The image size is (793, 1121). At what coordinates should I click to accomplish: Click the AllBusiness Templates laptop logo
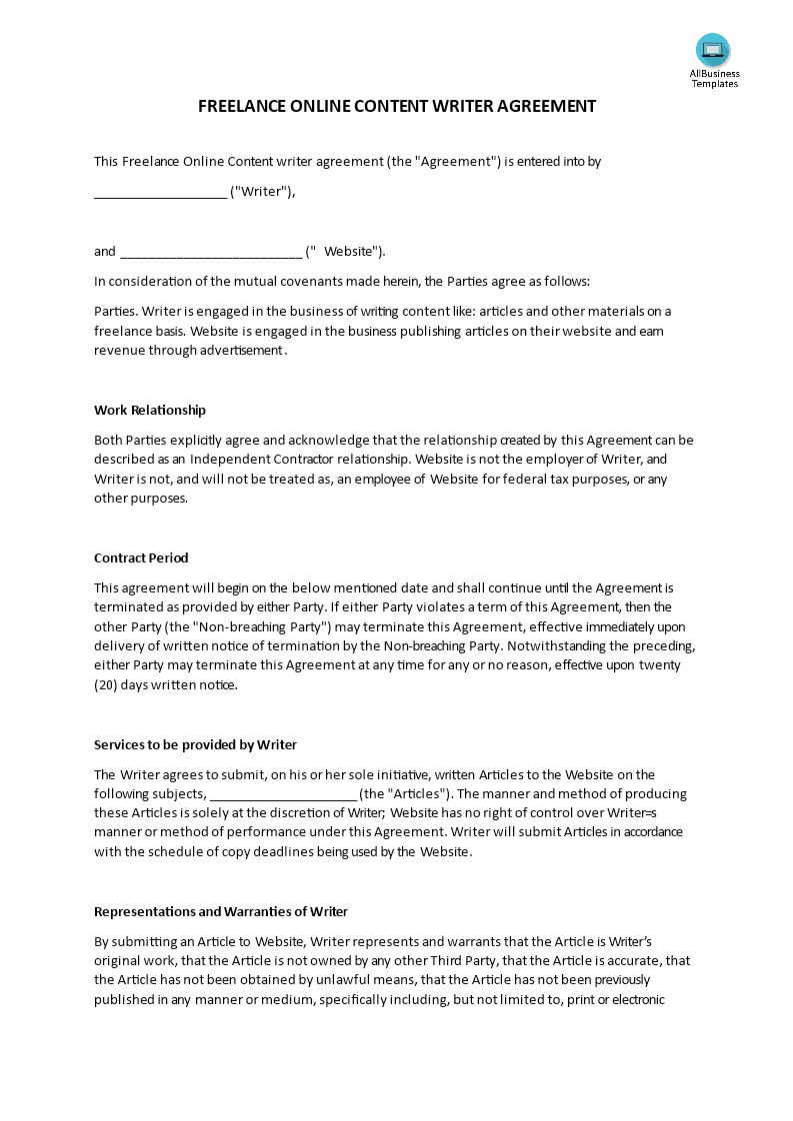[713, 50]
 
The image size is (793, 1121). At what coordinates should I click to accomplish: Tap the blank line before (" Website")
[210, 252]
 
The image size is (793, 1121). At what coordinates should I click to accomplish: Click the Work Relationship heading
[150, 410]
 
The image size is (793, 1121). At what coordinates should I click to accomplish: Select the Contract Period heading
[141, 558]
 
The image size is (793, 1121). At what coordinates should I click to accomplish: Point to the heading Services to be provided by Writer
[195, 744]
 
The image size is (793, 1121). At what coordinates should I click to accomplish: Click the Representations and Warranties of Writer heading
[221, 911]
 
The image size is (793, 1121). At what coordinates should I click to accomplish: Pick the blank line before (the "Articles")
[283, 794]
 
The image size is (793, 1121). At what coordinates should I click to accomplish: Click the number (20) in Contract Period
[105, 684]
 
